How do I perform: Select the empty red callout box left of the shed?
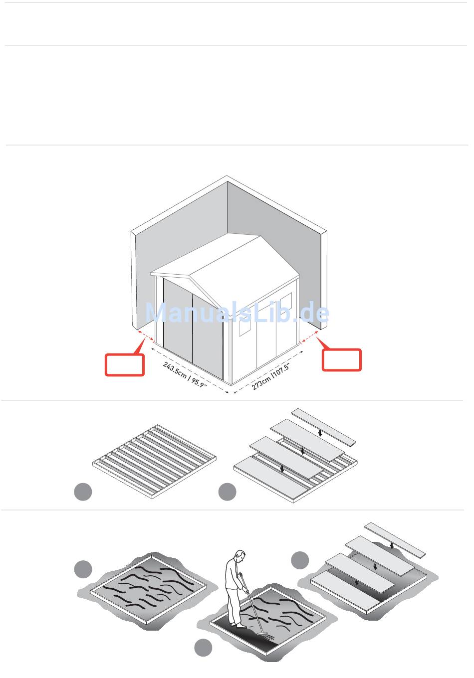click(x=124, y=364)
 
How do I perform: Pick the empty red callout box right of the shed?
click(x=341, y=360)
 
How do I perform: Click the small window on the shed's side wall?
click(x=244, y=325)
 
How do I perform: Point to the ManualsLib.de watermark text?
click(x=237, y=313)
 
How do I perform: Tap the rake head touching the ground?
click(x=265, y=634)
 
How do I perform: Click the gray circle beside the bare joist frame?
click(x=83, y=492)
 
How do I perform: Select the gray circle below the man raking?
click(x=203, y=648)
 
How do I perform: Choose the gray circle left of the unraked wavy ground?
click(x=83, y=569)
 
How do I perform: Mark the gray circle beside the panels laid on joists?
click(x=227, y=492)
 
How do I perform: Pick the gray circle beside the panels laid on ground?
click(x=300, y=560)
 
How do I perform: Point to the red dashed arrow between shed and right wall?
click(x=311, y=339)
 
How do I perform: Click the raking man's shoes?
click(x=237, y=624)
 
